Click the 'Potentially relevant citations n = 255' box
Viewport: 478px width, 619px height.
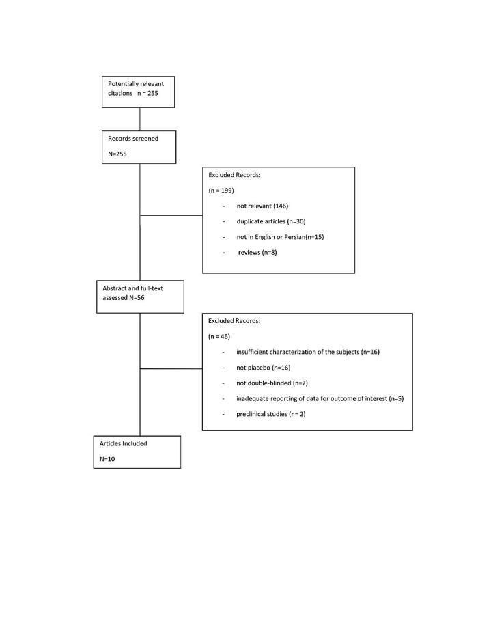tap(138, 92)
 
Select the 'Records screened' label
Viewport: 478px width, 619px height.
tap(133, 139)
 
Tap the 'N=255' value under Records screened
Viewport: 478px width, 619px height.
tap(117, 154)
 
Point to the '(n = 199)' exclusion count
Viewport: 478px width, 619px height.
tap(221, 190)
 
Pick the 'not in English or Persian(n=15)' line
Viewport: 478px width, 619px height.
tap(280, 236)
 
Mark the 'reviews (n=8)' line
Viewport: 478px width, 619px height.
tap(257, 252)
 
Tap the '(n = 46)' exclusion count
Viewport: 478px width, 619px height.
tap(219, 336)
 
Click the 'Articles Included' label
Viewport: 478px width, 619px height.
tap(124, 443)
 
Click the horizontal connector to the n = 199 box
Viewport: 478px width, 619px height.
tap(171, 215)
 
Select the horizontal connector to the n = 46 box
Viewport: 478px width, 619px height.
tap(171, 368)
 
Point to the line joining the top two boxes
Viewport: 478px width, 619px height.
tap(139, 119)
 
